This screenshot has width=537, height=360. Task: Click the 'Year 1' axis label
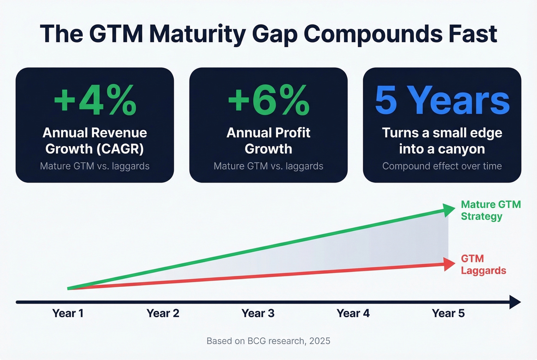tap(68, 313)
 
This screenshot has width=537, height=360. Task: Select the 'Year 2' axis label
tap(163, 313)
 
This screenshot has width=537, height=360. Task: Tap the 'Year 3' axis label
tap(258, 313)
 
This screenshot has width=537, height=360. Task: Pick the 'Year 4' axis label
tap(353, 313)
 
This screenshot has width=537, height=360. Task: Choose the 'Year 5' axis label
tap(448, 313)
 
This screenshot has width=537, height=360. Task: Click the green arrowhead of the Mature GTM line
tap(449, 210)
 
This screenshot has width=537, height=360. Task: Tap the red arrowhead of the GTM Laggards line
tap(449, 264)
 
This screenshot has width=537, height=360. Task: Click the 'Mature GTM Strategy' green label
tap(490, 210)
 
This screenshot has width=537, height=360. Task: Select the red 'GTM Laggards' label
tap(483, 265)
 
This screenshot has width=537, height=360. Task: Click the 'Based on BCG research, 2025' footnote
tap(268, 341)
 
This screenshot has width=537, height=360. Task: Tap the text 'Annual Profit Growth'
tap(268, 141)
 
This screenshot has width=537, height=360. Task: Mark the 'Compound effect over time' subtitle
tap(442, 166)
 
